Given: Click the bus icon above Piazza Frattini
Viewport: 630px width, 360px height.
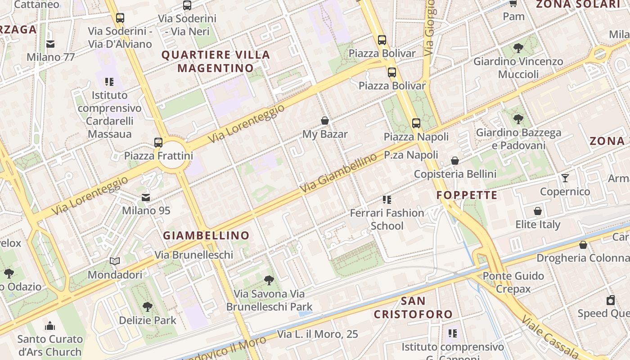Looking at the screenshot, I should [x=158, y=142].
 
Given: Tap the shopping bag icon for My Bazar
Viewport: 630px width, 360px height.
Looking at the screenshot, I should [x=325, y=121].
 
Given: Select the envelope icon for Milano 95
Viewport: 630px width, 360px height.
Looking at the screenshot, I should [x=146, y=197].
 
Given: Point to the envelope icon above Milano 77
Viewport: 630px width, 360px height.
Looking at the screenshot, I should [x=50, y=44].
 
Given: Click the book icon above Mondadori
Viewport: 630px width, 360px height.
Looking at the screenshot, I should [x=115, y=261].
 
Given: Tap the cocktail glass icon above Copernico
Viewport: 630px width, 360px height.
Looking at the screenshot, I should [x=565, y=178].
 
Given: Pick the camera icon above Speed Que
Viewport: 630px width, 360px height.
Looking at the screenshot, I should [x=611, y=300].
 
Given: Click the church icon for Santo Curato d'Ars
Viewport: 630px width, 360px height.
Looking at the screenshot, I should [x=50, y=325].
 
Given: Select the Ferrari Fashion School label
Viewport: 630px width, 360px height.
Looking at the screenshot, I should [x=387, y=219].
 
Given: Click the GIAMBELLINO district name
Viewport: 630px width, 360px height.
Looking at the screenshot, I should [x=206, y=235].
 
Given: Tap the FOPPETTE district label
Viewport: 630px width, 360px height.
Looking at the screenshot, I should [x=467, y=195].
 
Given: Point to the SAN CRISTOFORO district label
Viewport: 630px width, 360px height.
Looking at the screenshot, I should [x=413, y=307].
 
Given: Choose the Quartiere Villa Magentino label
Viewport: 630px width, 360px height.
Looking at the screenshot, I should [x=216, y=62].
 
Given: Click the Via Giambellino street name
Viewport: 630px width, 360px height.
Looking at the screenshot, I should [x=339, y=174].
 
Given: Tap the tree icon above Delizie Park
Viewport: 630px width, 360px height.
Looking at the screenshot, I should [x=147, y=307].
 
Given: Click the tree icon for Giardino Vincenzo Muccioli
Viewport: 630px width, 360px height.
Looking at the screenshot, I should [x=518, y=48].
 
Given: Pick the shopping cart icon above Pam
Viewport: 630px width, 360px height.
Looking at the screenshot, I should [x=513, y=4].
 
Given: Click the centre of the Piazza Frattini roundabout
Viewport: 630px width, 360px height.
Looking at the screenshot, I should [x=173, y=155].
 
